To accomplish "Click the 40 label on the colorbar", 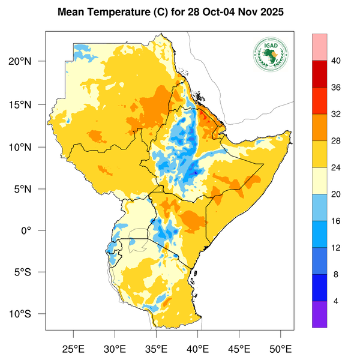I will pos(337,61).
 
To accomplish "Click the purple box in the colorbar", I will pos(320,314).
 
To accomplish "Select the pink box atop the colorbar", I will pos(320,47).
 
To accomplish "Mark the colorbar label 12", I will pos(337,248).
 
